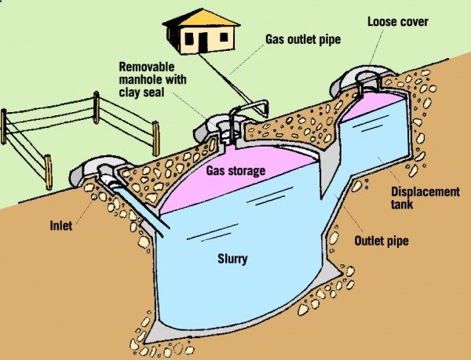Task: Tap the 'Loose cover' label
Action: (x=398, y=20)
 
